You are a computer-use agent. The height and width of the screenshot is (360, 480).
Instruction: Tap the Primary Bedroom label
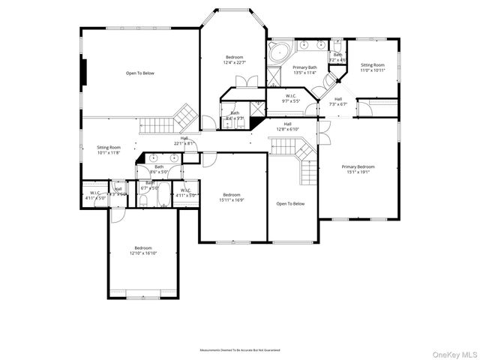(x=358, y=169)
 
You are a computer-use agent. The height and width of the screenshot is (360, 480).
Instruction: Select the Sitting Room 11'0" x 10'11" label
(x=373, y=67)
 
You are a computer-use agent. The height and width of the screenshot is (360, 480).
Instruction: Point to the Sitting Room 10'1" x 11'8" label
(x=109, y=150)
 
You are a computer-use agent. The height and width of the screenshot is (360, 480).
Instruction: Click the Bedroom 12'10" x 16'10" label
(x=143, y=250)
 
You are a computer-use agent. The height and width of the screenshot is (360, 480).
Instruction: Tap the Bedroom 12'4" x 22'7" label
(x=234, y=60)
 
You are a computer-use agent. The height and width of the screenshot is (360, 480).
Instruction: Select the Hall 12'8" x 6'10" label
(x=287, y=127)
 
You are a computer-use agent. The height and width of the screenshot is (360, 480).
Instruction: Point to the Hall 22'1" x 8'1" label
(x=184, y=140)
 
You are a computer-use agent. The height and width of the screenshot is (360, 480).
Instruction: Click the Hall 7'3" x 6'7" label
(x=338, y=101)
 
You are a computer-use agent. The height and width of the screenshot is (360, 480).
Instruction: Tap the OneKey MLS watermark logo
(x=452, y=352)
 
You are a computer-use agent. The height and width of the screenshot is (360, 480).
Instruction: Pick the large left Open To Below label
(x=140, y=73)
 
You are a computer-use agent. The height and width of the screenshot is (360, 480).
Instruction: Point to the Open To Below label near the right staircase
(x=290, y=203)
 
